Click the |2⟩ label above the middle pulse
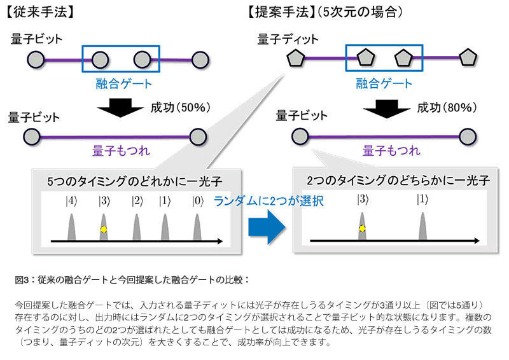pos(136,201)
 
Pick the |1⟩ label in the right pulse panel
pos(422,199)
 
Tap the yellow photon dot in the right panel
pos(361,228)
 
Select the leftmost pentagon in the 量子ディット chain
pos(295,59)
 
